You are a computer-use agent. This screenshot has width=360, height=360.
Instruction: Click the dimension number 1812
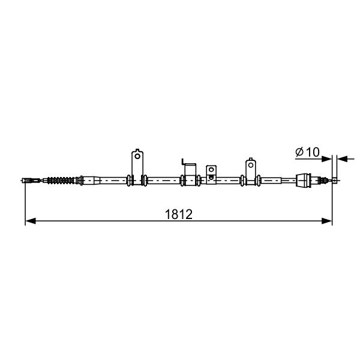pos(179,214)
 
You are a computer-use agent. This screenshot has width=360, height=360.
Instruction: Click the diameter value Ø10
pos(307,152)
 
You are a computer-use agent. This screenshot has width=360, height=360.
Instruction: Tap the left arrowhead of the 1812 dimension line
pos(31,221)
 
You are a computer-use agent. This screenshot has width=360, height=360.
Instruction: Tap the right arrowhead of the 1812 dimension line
pos(327,221)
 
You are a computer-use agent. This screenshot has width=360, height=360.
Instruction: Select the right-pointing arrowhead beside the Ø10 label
pos(327,158)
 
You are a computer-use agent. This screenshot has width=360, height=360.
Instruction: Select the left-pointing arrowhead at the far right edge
pos(343,158)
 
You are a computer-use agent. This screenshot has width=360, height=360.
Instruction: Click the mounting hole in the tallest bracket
pos(137,156)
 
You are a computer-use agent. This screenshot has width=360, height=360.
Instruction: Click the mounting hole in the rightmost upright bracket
pos(251,165)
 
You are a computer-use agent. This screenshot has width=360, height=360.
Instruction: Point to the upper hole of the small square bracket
pos(211,170)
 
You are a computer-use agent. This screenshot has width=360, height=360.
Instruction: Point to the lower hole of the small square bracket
pos(211,177)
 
